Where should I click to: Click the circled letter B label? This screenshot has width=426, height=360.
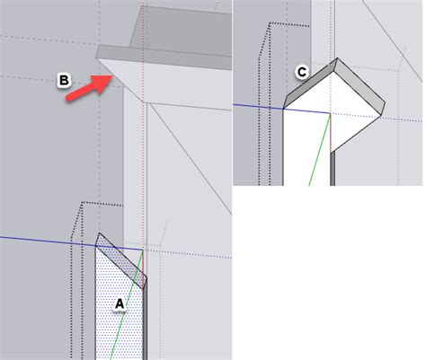[x=64, y=81]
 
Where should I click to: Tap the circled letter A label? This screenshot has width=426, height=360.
[x=119, y=303]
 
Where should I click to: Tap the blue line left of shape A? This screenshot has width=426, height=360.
[x=45, y=239]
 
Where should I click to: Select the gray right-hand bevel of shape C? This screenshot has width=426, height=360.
[x=361, y=82]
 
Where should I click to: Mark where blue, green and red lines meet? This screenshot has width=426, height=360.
[x=331, y=113]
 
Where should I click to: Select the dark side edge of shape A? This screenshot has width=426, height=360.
[x=142, y=305]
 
